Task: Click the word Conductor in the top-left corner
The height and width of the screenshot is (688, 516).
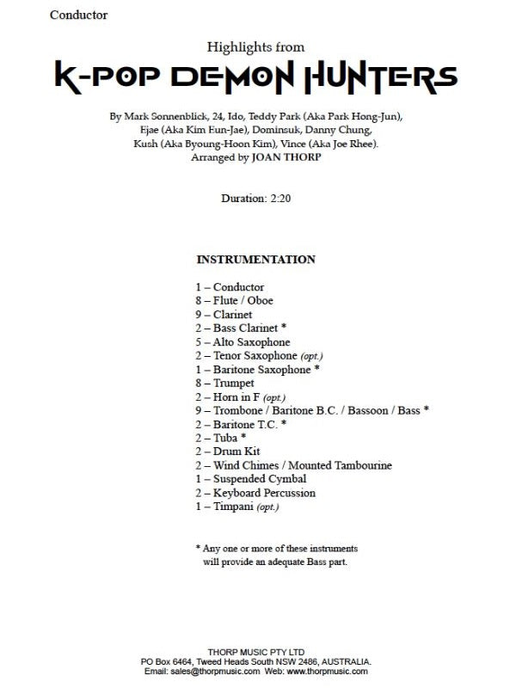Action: point(79,15)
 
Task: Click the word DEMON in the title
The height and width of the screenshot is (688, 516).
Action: point(236,78)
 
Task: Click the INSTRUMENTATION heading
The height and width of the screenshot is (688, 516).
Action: point(255,260)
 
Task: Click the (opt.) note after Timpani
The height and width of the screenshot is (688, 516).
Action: point(265,507)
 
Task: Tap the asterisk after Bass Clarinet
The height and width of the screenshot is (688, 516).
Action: point(283,329)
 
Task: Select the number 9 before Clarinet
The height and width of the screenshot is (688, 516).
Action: point(199,315)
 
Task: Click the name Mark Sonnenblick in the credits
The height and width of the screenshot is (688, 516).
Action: point(161,116)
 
